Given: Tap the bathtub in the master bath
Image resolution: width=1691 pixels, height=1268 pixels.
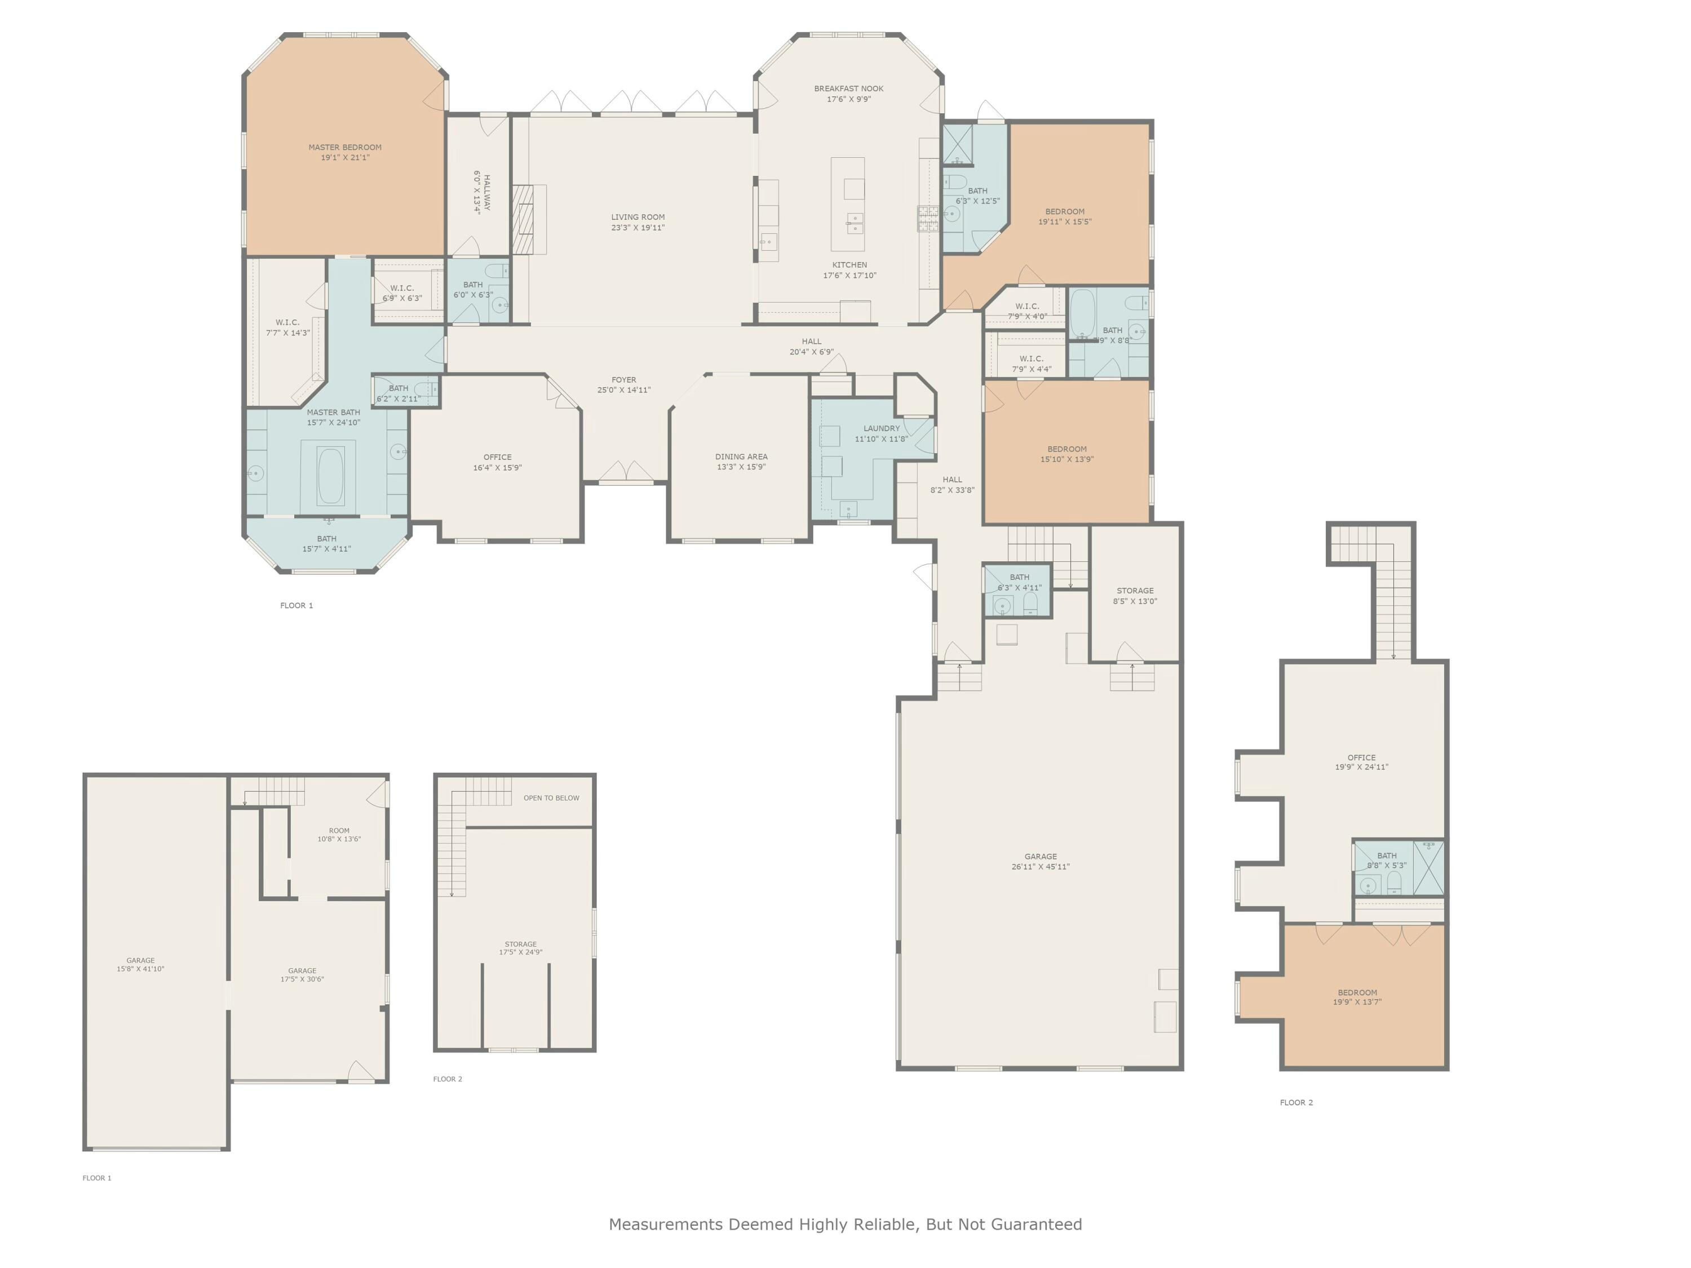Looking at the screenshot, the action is (330, 476).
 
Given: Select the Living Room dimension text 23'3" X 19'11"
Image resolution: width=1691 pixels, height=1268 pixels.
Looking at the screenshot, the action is (638, 228).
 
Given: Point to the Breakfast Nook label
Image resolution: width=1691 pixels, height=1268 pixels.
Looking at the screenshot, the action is (848, 88).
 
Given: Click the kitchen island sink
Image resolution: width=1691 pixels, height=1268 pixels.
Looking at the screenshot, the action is (855, 224).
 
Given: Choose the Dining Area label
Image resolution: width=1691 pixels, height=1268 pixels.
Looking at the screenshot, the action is (741, 456).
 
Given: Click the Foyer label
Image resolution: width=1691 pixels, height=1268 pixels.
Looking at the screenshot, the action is (624, 380).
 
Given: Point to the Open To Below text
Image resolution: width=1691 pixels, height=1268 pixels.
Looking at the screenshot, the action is (551, 798).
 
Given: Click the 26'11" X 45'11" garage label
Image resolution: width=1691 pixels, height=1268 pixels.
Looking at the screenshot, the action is (1041, 867).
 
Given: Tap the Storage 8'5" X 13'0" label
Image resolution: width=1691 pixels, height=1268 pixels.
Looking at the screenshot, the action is (1135, 596).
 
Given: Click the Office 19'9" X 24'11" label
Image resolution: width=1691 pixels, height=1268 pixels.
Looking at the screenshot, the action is (1361, 762).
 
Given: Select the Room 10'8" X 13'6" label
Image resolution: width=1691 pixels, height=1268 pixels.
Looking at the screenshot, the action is (339, 835).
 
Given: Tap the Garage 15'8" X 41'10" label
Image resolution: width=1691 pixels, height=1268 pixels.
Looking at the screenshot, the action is (141, 965).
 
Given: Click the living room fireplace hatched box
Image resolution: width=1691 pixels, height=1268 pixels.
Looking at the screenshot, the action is (521, 219).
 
